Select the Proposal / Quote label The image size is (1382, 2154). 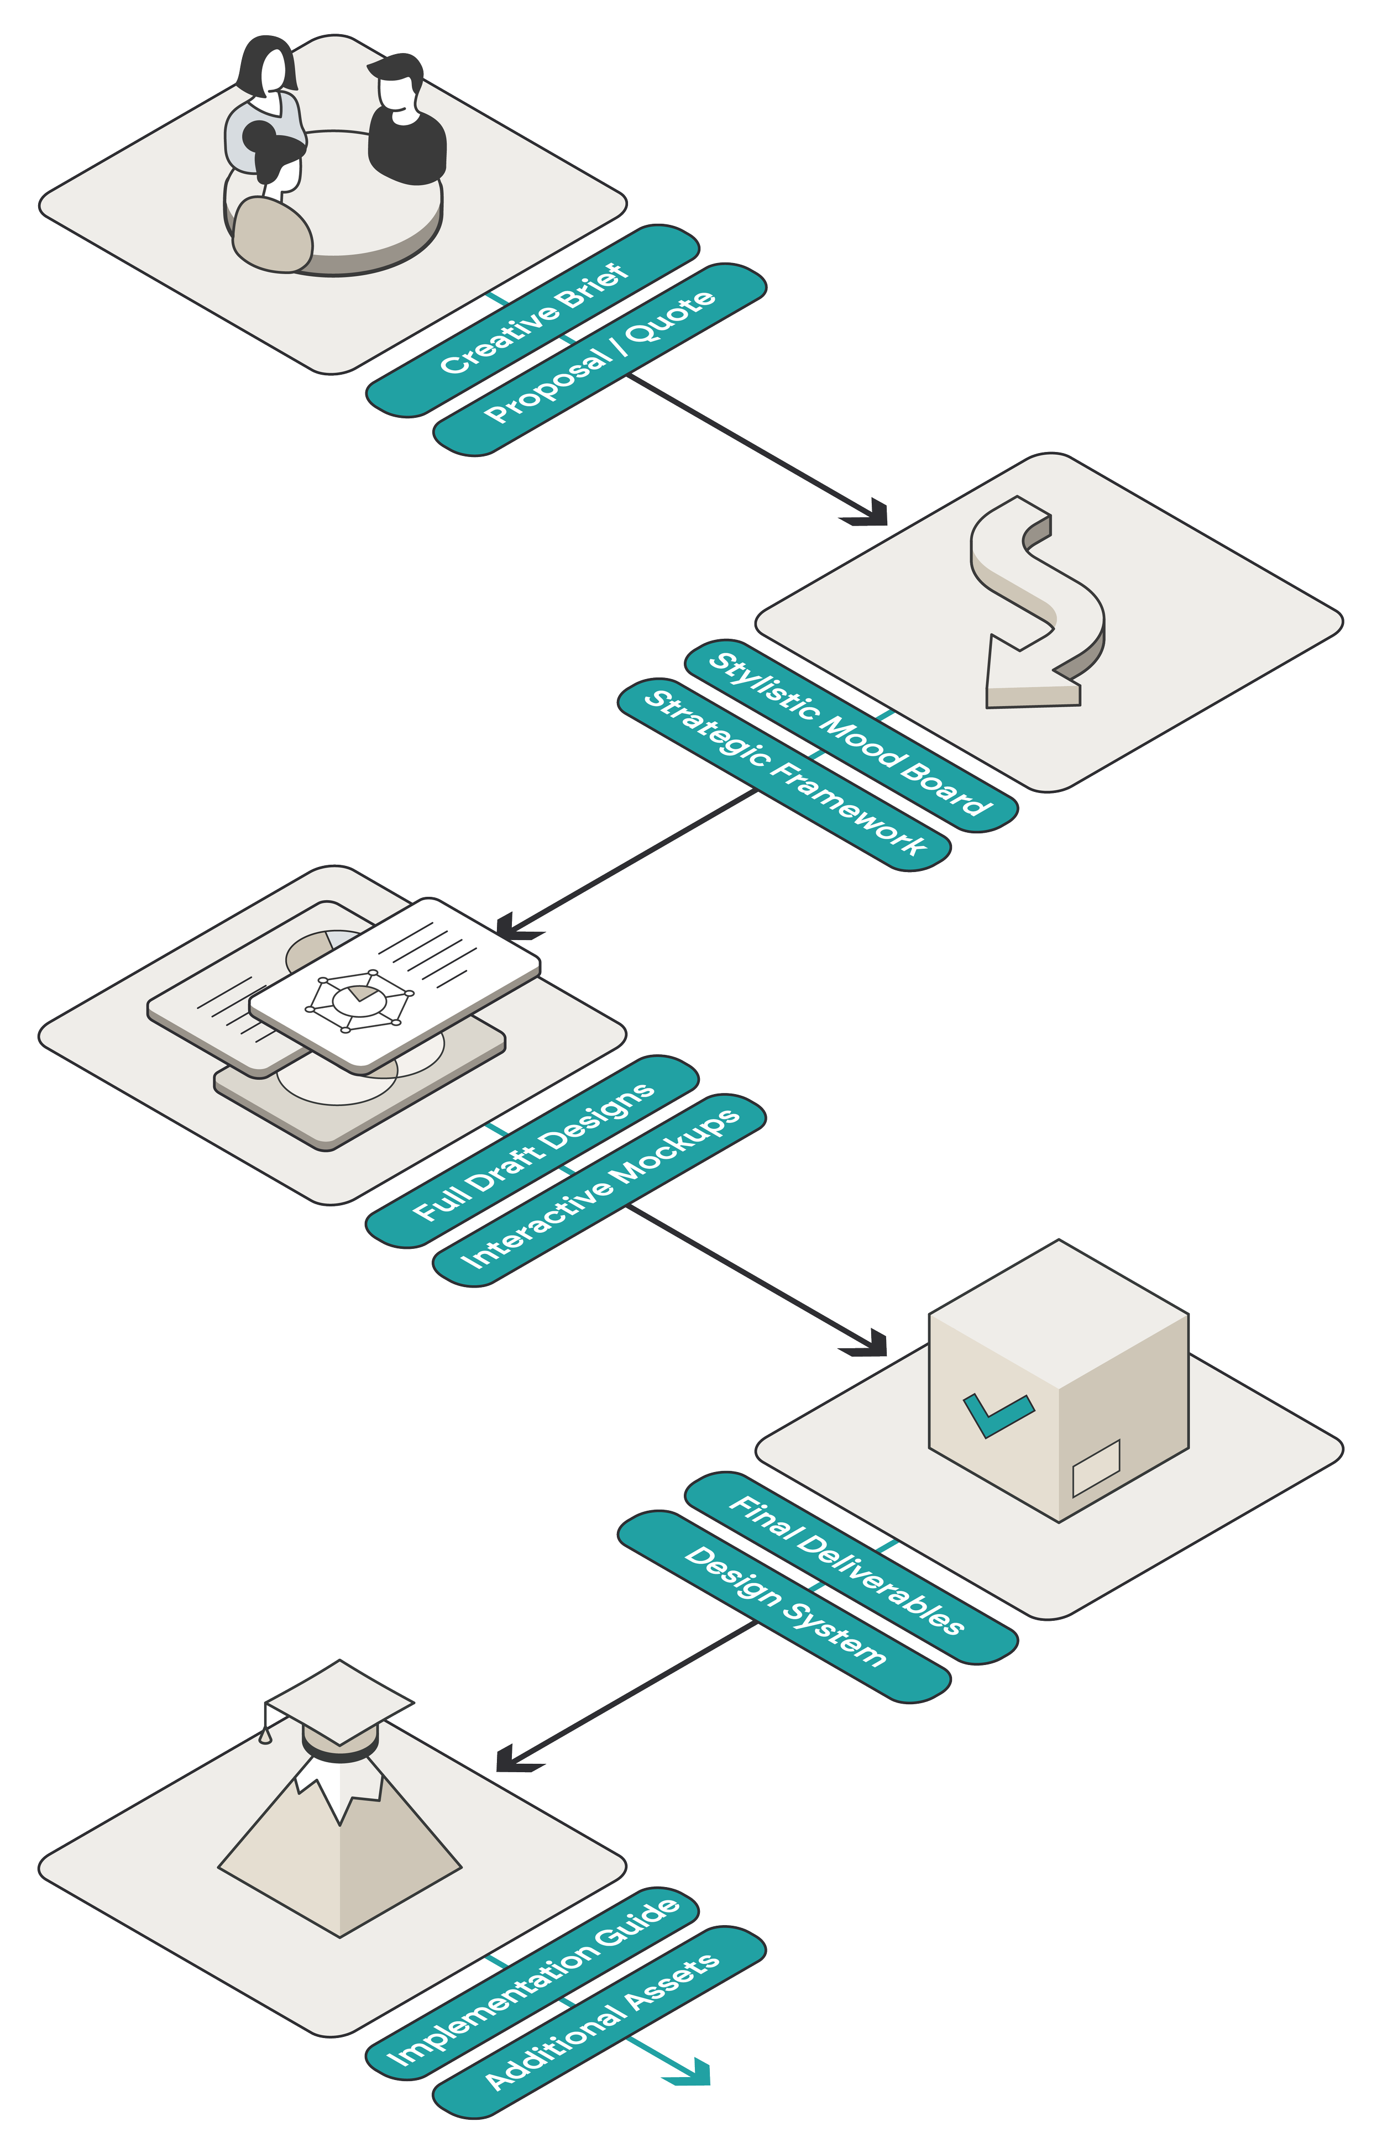click(599, 358)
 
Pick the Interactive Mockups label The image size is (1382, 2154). click(599, 1190)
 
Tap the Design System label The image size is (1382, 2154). click(783, 1605)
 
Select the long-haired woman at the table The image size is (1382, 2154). click(266, 99)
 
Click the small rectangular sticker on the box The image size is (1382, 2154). click(1096, 1466)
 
